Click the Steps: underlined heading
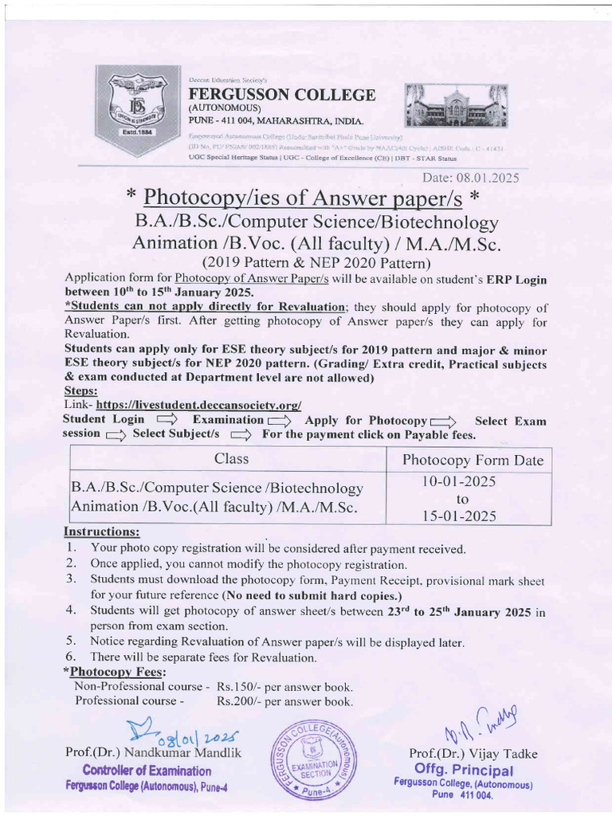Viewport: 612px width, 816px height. click(80, 392)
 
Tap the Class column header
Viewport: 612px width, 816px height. click(231, 459)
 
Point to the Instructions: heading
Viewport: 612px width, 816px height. click(101, 531)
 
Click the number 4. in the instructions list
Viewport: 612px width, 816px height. click(71, 610)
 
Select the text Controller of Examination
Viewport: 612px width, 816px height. click(147, 771)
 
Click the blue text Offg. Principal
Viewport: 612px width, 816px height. click(464, 770)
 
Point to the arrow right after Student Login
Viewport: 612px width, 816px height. click(167, 420)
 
